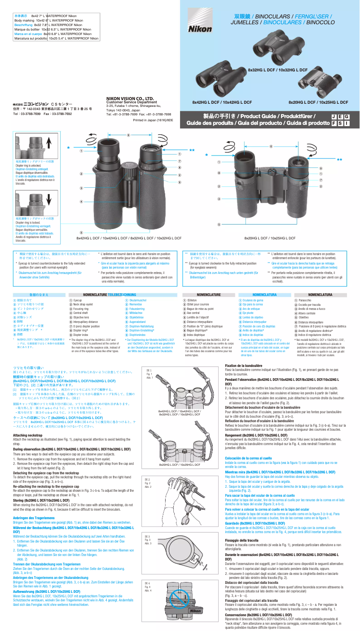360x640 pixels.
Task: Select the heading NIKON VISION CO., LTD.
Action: [130, 98]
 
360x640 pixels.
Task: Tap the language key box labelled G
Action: [347, 117]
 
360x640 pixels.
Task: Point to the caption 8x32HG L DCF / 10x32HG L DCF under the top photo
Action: [277, 70]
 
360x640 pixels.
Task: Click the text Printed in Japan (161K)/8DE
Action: [153, 120]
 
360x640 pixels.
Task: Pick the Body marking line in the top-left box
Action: [49, 20]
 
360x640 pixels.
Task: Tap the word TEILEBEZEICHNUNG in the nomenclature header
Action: [121, 294]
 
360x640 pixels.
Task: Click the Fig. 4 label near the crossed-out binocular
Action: [148, 587]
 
